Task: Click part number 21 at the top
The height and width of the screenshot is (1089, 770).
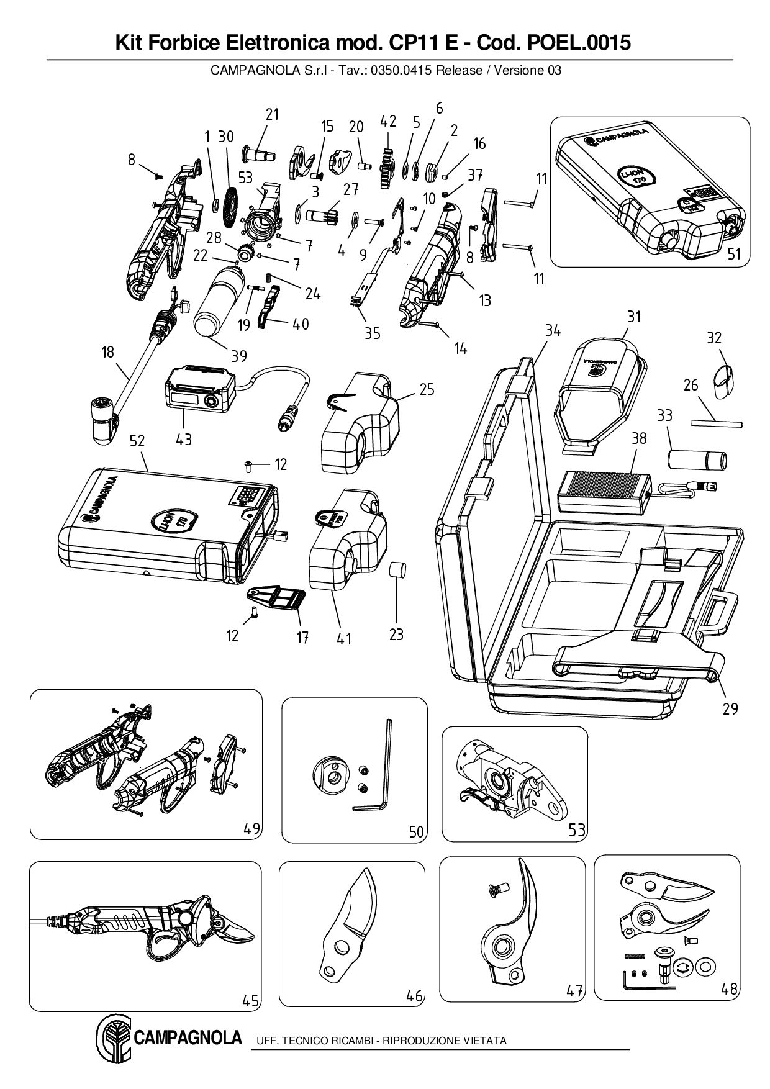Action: [x=272, y=114]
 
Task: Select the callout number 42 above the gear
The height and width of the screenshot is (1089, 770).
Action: [x=388, y=122]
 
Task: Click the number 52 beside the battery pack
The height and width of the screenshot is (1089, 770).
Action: [x=137, y=441]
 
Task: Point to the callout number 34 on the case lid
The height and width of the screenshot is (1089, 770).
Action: [x=553, y=331]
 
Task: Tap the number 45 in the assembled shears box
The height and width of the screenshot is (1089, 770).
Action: [x=250, y=1000]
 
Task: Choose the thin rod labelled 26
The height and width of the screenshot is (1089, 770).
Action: [x=717, y=423]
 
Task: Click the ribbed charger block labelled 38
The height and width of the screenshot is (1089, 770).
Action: [x=602, y=490]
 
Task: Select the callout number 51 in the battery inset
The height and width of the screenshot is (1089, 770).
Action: [x=734, y=253]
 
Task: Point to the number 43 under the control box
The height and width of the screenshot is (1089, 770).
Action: [x=184, y=439]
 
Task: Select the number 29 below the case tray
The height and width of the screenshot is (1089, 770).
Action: [x=730, y=708]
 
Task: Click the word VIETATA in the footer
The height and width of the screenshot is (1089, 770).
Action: [x=486, y=1041]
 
